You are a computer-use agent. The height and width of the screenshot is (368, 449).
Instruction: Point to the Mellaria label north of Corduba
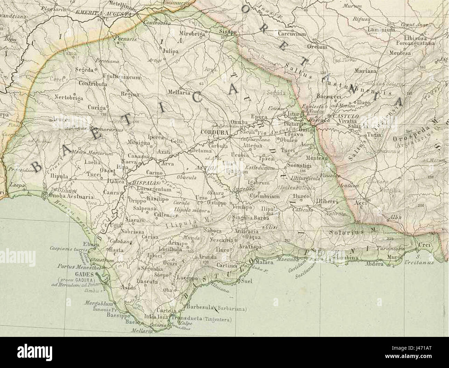pyautogui.click(x=179, y=92)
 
